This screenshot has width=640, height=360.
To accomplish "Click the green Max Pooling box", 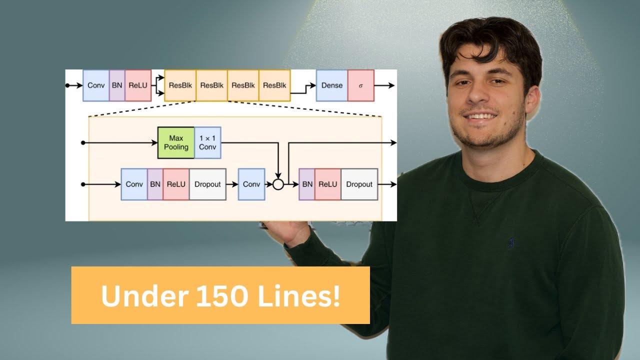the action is tap(176, 142).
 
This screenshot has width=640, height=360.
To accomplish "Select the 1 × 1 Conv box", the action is tap(207, 142).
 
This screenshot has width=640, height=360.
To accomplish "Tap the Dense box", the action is tap(332, 85).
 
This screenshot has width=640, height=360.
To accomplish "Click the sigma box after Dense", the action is tap(361, 85).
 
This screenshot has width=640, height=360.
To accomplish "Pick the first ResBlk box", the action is tap(180, 85).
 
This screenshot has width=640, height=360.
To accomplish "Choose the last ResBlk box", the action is tap(274, 85).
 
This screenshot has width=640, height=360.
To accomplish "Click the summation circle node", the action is tap(278, 184).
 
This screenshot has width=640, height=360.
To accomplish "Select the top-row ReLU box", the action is tap(138, 85).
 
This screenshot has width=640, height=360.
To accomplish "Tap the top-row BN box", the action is tap(117, 85).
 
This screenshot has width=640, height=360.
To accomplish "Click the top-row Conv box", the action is tap(96, 85).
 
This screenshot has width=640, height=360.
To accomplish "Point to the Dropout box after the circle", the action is tap(359, 184).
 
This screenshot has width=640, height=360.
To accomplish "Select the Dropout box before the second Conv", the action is tap(207, 184).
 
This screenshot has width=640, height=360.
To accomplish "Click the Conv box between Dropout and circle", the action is tap(251, 184).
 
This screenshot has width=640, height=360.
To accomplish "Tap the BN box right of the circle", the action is tap(307, 184).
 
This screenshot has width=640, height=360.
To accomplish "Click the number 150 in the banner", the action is tap(222, 296).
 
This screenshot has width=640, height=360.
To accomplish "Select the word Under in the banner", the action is tap(144, 296).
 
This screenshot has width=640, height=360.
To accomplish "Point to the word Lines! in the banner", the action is tap(298, 296).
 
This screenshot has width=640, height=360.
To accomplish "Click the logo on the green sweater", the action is tap(511, 243).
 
